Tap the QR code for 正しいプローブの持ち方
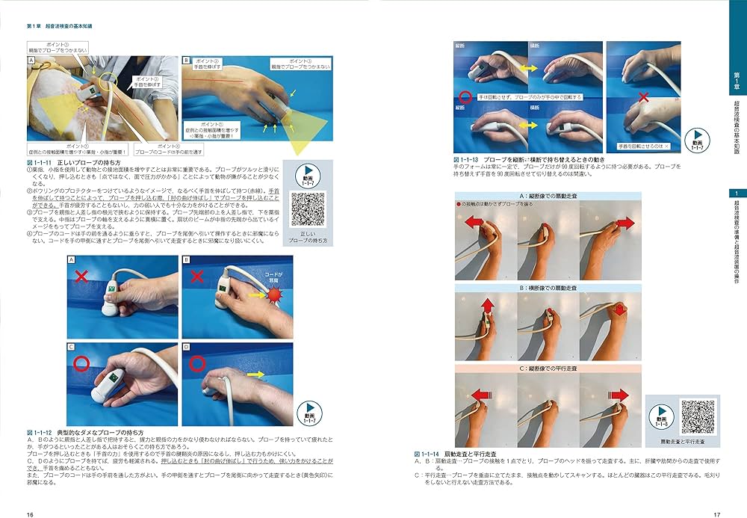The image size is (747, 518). coord(309,209)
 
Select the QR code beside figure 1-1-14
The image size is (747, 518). coord(698,416)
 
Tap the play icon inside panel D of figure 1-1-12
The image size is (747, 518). coord(308,407)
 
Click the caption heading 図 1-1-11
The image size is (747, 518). coord(40,162)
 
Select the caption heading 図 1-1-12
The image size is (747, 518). coord(40,432)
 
